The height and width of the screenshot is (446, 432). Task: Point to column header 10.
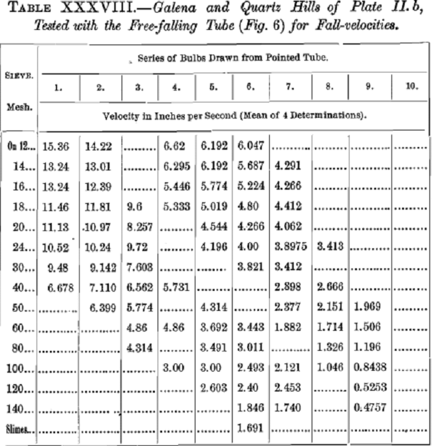click(x=411, y=87)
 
